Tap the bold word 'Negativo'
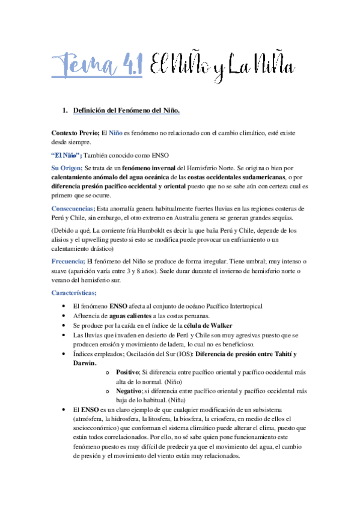click(130, 391)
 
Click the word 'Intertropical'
click(242, 306)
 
